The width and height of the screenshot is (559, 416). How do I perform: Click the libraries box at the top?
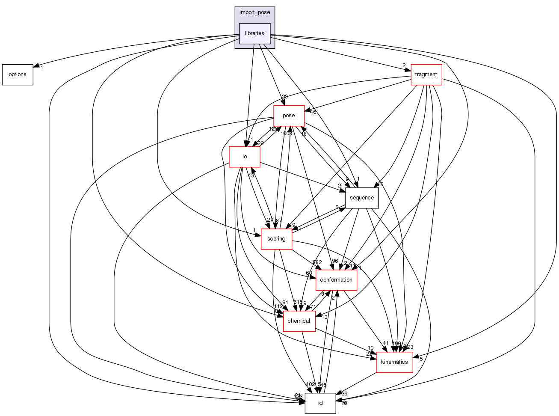pos(254,33)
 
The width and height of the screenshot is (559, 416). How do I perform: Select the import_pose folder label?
pos(254,12)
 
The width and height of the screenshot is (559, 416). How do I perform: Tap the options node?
pos(18,74)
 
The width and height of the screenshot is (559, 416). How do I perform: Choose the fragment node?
pos(426,74)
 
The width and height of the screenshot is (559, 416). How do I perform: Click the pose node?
pos(289,116)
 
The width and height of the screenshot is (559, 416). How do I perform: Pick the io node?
pos(245,157)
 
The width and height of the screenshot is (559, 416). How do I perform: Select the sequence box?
pos(362,198)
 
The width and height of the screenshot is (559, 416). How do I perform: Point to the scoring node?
pos(276,239)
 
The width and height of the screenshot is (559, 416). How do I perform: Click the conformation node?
pos(336,280)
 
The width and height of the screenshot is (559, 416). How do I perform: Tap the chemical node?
pos(299,321)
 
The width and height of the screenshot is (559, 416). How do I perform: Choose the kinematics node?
pos(394,362)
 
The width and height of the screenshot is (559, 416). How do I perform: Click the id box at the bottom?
pos(320,403)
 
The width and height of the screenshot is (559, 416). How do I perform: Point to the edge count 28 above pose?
pos(284,97)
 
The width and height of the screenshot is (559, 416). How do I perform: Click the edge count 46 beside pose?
pos(313,112)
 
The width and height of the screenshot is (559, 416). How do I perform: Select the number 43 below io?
pos(251,175)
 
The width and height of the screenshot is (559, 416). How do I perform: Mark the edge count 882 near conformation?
pos(317,262)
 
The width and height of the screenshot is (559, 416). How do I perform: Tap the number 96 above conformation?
pos(334,261)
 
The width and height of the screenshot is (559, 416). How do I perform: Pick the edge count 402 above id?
pos(310,384)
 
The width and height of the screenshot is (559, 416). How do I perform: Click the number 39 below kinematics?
pos(344,394)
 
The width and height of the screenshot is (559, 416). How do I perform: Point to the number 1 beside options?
pos(42,68)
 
